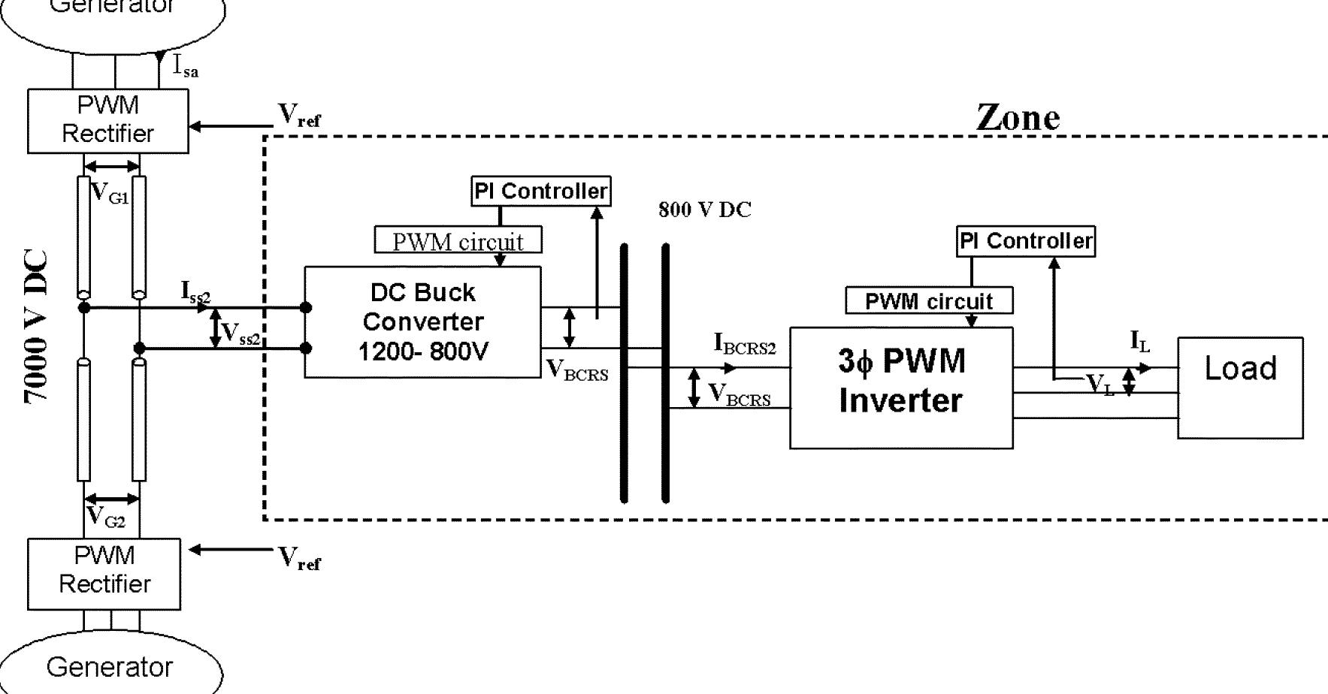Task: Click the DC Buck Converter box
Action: click(x=422, y=321)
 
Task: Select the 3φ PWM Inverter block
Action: click(x=900, y=388)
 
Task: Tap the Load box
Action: click(x=1240, y=388)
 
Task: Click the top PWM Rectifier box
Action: click(x=107, y=120)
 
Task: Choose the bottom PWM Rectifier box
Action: click(x=104, y=573)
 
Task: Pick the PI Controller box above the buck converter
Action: click(x=540, y=191)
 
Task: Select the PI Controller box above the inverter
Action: click(x=1025, y=241)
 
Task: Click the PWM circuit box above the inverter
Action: click(x=929, y=301)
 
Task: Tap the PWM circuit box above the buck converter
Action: click(x=458, y=241)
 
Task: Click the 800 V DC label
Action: click(x=704, y=210)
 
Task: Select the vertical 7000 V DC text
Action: click(x=36, y=327)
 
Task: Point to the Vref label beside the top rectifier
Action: click(x=299, y=115)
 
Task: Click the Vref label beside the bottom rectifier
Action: click(x=299, y=558)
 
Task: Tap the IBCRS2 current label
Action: click(x=744, y=345)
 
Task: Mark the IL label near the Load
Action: click(x=1140, y=342)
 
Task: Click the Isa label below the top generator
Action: click(x=186, y=68)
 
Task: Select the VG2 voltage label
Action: click(x=106, y=517)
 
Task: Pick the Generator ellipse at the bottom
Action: click(x=110, y=666)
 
